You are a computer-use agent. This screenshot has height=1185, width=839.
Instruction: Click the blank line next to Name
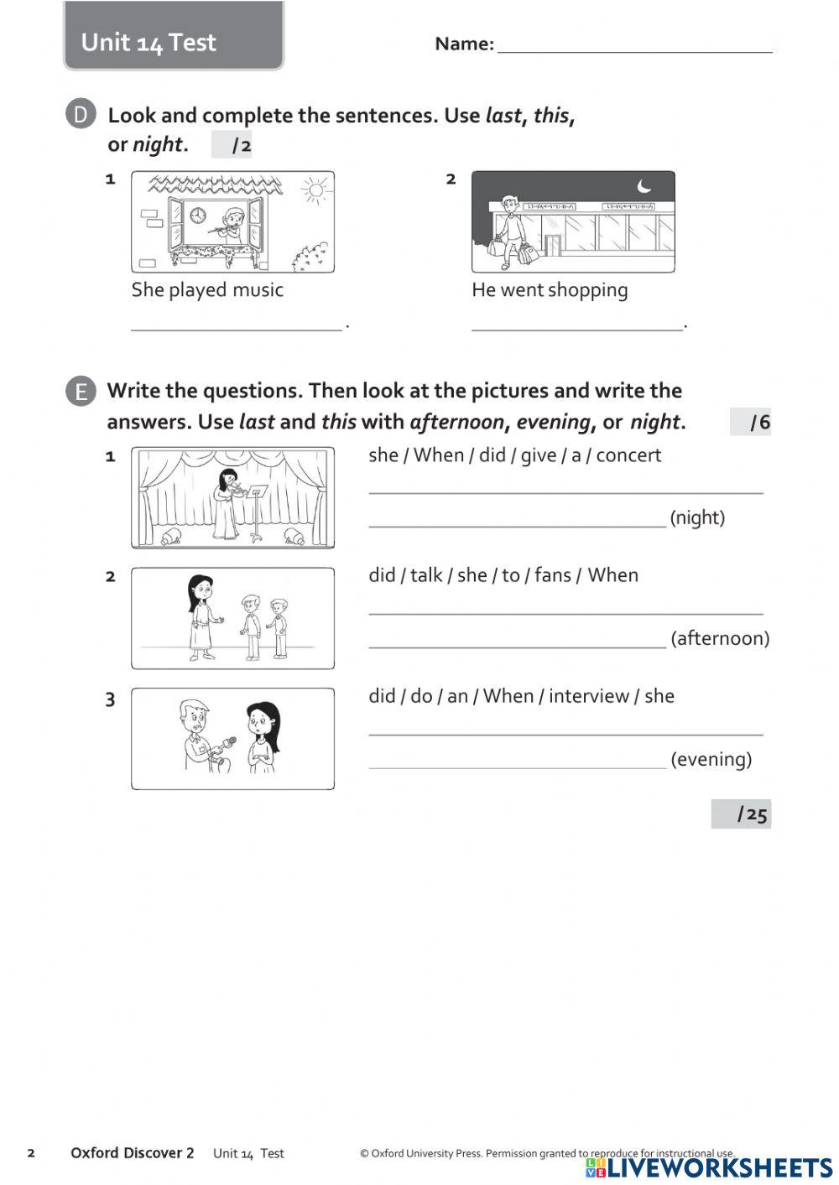pyautogui.click(x=634, y=46)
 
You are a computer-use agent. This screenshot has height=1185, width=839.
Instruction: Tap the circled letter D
pyautogui.click(x=81, y=115)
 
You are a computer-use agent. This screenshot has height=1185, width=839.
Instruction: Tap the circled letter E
pyautogui.click(x=81, y=392)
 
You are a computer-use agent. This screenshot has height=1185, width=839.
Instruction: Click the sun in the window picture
pyautogui.click(x=315, y=190)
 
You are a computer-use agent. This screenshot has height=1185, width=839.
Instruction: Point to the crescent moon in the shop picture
pyautogui.click(x=644, y=185)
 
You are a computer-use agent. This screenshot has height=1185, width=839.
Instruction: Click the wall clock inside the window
pyautogui.click(x=198, y=216)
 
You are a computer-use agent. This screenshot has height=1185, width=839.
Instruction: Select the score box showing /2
pyautogui.click(x=232, y=146)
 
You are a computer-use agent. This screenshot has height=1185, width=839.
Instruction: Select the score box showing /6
pyautogui.click(x=751, y=422)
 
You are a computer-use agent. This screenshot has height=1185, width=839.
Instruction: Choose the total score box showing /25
pyautogui.click(x=742, y=814)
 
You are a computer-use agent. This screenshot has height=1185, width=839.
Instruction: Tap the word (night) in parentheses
pyautogui.click(x=697, y=517)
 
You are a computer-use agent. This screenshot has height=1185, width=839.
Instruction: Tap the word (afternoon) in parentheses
pyautogui.click(x=720, y=638)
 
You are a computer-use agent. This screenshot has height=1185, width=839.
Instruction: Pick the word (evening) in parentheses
pyautogui.click(x=711, y=759)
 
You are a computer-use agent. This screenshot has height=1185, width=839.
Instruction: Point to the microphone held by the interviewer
pyautogui.click(x=227, y=742)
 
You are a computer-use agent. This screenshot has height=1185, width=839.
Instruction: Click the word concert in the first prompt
pyautogui.click(x=628, y=455)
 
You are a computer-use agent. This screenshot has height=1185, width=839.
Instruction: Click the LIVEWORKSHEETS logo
pyautogui.click(x=710, y=1168)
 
